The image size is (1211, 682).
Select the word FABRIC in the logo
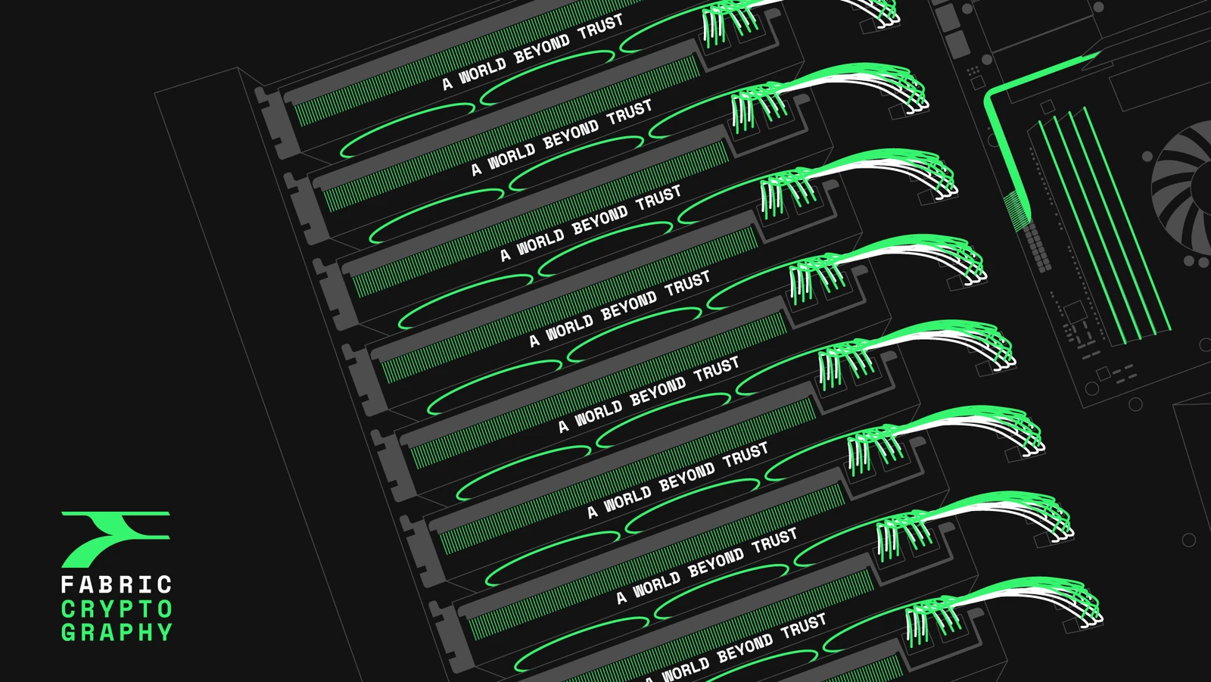[x=117, y=585]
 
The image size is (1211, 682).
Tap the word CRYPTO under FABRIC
[x=117, y=609]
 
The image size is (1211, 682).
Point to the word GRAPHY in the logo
[x=117, y=632]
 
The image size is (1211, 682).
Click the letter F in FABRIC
[x=67, y=585]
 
